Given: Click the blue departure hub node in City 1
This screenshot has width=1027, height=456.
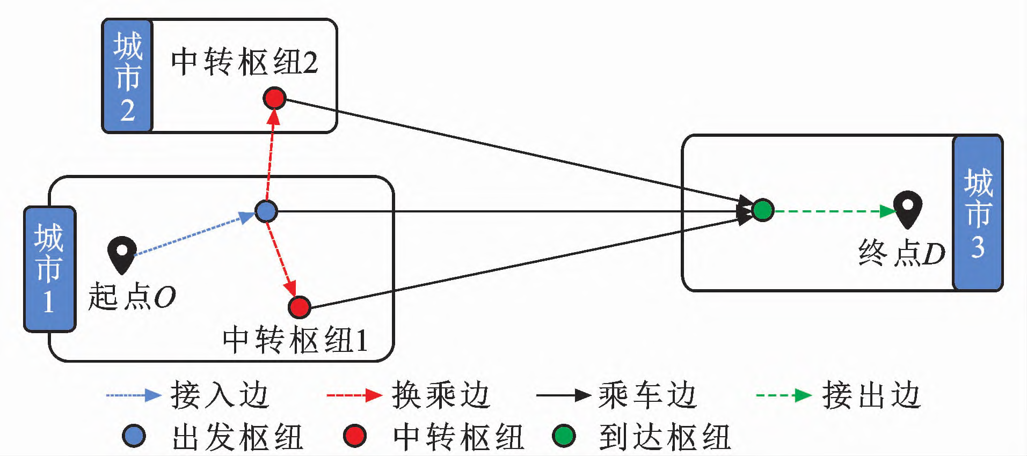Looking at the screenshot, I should click(266, 211).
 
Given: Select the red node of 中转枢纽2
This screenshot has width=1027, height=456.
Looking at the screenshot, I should click(274, 98).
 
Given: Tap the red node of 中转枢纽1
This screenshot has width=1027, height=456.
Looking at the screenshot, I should click(299, 307).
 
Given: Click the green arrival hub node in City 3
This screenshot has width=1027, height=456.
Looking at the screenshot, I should click(762, 210).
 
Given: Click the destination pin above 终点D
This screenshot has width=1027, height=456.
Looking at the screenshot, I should click(907, 208).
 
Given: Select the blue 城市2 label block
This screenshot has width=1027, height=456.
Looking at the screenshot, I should click(127, 76).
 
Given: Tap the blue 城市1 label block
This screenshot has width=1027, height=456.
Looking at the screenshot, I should click(49, 269).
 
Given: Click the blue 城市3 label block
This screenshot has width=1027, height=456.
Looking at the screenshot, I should click(978, 213).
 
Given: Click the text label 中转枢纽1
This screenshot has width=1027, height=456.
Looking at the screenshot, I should click(295, 340).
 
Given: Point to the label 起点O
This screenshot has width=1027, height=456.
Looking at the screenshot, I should click(132, 297).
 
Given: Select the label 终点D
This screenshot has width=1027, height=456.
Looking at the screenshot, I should click(901, 253).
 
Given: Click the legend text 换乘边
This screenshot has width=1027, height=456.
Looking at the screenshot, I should click(440, 395).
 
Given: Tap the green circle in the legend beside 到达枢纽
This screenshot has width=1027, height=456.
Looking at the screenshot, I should click(564, 436).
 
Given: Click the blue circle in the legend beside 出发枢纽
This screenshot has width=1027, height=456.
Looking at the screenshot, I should click(134, 436).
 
